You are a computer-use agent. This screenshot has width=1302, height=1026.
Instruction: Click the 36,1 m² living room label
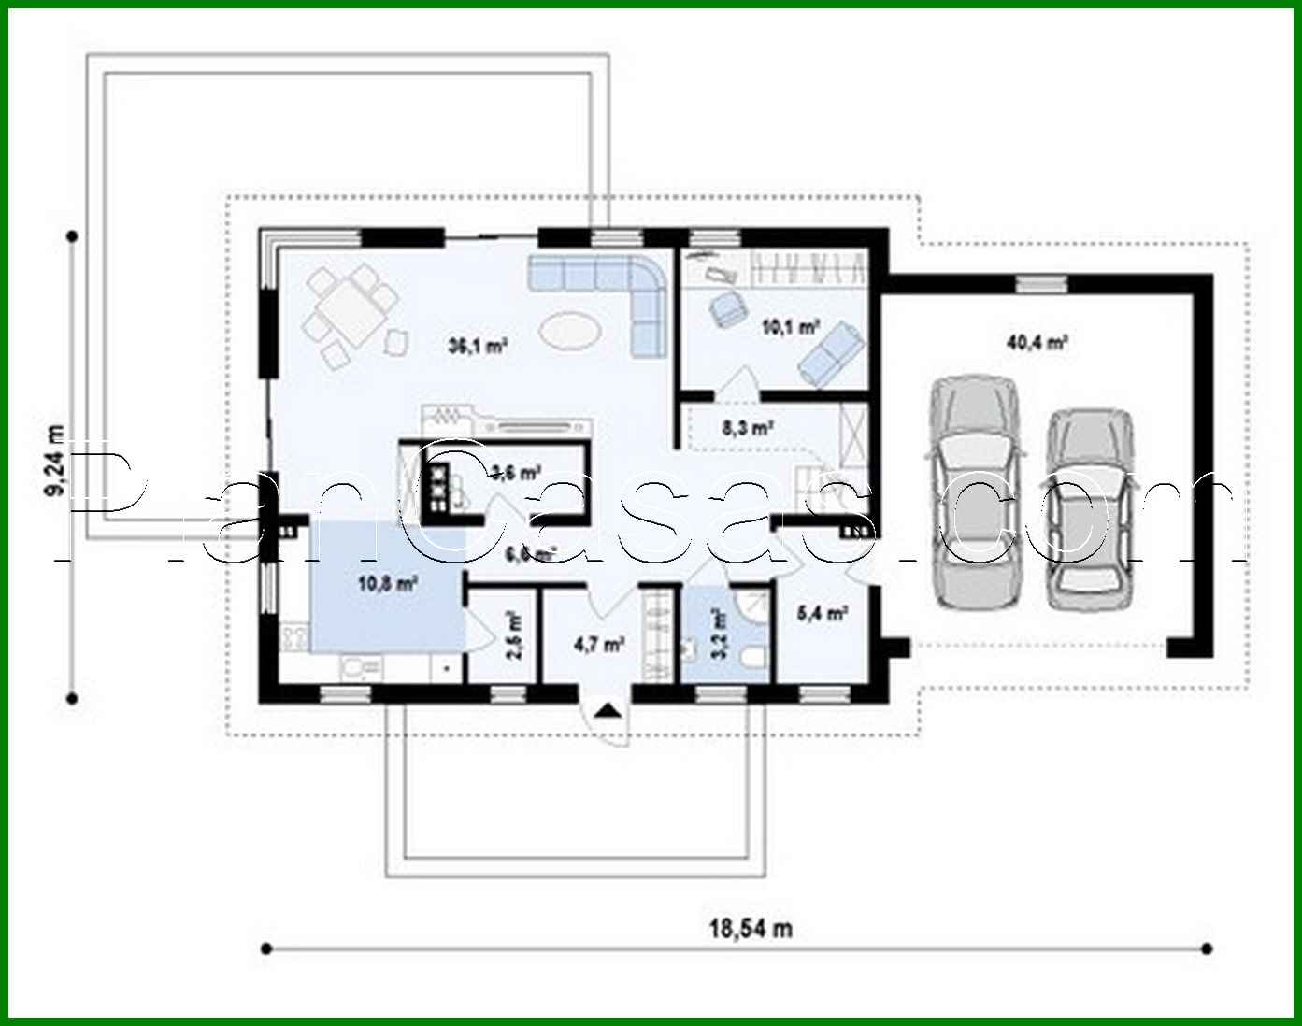pyautogui.click(x=477, y=347)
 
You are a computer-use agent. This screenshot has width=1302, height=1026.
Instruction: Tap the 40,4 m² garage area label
pyautogui.click(x=1037, y=343)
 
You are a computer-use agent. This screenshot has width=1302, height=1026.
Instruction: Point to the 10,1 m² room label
pyautogui.click(x=791, y=327)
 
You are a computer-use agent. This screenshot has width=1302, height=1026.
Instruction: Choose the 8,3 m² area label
pyautogui.click(x=746, y=429)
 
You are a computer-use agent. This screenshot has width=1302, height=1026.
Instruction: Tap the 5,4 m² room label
pyautogui.click(x=822, y=614)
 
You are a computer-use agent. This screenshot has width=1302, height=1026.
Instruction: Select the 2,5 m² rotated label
pyautogui.click(x=513, y=636)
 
